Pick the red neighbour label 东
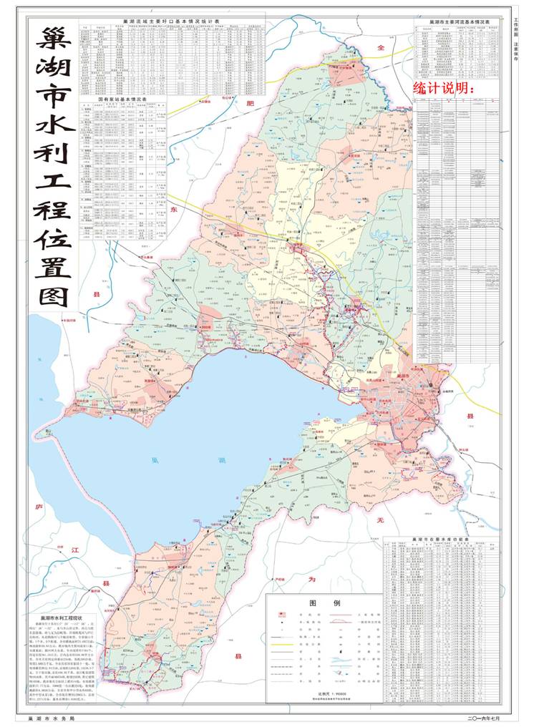[174, 210]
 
